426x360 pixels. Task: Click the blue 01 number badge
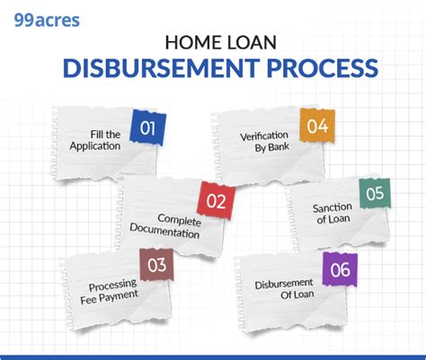(148, 127)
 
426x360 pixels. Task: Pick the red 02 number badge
(216, 201)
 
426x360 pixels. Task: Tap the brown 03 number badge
(157, 265)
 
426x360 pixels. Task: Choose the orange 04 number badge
(316, 127)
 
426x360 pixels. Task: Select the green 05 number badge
(376, 194)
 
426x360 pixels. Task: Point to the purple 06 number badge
(340, 269)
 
